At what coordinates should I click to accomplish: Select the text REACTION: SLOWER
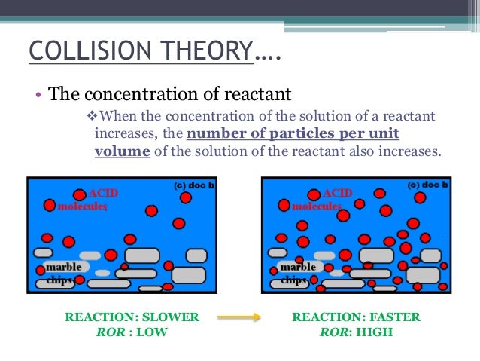point(132,317)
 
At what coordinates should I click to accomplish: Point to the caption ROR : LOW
point(132,332)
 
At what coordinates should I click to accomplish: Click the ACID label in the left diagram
point(103,193)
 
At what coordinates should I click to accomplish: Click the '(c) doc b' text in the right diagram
point(429,184)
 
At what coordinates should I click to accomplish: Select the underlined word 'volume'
point(123,150)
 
